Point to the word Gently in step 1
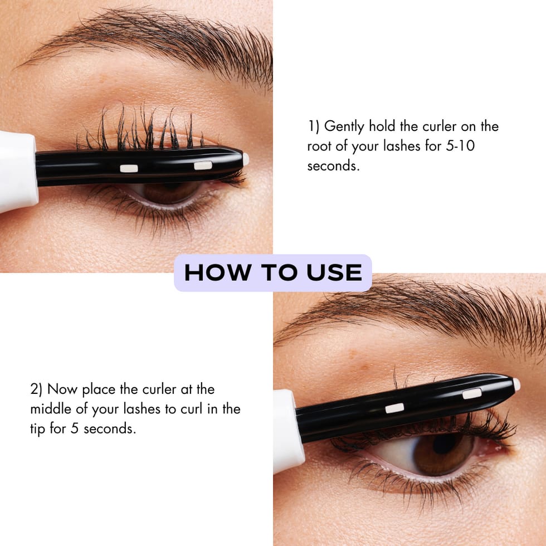click(x=344, y=126)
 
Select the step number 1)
click(x=314, y=126)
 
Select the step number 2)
click(x=37, y=388)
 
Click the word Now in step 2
click(x=62, y=388)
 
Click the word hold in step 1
click(x=381, y=126)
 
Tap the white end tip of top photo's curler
click(x=246, y=159)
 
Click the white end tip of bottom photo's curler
click(x=516, y=384)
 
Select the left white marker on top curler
click(x=129, y=168)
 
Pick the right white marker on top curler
click(x=203, y=165)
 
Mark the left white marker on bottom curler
click(x=394, y=408)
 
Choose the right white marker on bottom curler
click(x=471, y=394)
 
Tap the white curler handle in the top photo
click(x=17, y=170)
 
